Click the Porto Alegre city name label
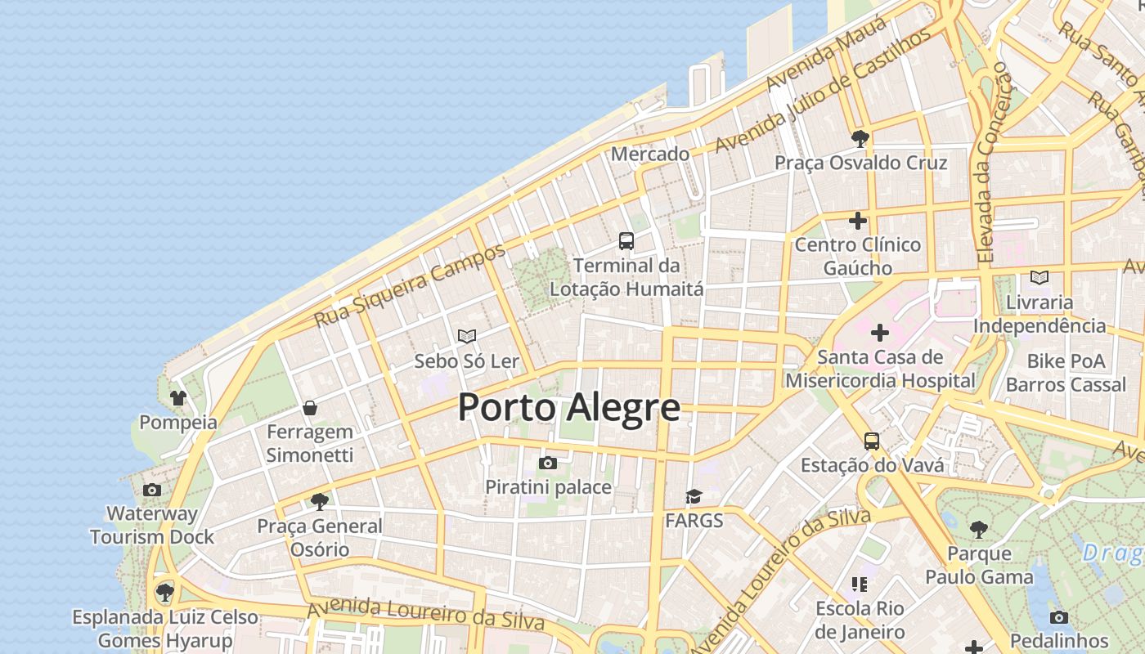pos(568,407)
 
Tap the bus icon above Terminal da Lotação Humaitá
pos(626,241)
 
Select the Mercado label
pos(650,154)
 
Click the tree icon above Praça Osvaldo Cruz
pos(860,138)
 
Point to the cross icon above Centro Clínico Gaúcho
pos(858,221)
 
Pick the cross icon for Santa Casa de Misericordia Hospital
pos(880,333)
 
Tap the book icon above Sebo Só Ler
pos(467,336)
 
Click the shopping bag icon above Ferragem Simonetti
pos(310,407)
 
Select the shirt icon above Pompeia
pos(178,398)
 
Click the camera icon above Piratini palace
pos(548,464)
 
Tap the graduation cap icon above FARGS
pos(694,496)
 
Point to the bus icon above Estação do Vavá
pos(872,441)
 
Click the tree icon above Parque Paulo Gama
pos(978,530)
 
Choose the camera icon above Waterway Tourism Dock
pos(152,490)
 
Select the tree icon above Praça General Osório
pos(320,501)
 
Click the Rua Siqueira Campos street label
pos(410,285)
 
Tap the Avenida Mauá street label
pos(827,54)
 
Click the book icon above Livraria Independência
pos(1039,278)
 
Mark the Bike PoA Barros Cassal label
pos(1066,373)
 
